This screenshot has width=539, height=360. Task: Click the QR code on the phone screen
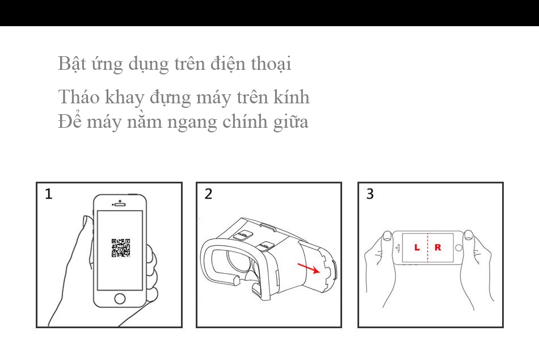(121, 248)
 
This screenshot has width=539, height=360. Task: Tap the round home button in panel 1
(120, 298)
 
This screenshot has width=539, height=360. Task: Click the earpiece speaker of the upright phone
(120, 204)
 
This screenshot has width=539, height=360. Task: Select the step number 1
(48, 194)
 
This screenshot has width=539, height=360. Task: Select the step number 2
(208, 194)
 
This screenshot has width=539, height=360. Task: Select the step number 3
(370, 194)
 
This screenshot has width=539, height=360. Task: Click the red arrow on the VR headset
(309, 269)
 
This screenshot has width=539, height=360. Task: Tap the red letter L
(417, 247)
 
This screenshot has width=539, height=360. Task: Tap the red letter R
(437, 247)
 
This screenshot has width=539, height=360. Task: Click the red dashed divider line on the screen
(428, 248)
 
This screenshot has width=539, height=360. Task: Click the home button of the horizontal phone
(458, 248)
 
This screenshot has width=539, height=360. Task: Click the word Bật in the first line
(71, 64)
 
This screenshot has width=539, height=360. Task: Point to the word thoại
(271, 64)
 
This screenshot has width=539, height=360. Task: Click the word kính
(292, 97)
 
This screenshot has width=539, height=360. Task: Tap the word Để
(70, 120)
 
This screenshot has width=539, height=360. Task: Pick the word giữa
(291, 122)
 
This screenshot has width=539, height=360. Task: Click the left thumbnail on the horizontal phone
(388, 236)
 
